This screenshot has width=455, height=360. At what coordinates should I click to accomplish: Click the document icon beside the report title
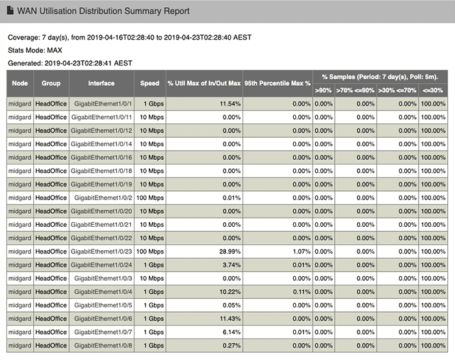10,10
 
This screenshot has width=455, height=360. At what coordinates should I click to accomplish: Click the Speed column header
149,83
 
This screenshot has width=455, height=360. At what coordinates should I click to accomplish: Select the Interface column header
101,83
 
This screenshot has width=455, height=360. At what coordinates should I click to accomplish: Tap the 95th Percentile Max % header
278,83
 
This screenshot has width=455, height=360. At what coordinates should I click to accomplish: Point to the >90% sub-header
323,90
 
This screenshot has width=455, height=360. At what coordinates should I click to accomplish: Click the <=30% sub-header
433,90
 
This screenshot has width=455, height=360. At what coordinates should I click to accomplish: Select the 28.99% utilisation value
230,251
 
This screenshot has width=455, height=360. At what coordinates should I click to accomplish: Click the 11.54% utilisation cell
230,104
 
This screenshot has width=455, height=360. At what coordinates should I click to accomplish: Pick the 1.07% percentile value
302,251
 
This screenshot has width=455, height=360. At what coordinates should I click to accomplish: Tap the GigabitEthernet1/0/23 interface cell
101,251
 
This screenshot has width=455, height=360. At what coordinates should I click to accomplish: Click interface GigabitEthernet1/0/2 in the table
103,198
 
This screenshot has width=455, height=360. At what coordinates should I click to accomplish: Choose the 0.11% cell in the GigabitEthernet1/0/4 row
302,292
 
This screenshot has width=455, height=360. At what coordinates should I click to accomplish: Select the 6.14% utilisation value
231,332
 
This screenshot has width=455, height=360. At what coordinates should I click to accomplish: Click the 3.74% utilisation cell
231,265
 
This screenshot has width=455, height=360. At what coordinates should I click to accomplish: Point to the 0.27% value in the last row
231,346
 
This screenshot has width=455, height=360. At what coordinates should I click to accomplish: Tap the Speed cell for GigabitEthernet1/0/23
150,251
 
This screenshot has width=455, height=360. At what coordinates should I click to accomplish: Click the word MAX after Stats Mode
55,50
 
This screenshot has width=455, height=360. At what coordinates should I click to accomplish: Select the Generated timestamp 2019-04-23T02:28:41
78,63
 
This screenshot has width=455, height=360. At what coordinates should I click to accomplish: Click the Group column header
51,83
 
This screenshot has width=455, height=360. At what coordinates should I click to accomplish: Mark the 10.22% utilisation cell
230,292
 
